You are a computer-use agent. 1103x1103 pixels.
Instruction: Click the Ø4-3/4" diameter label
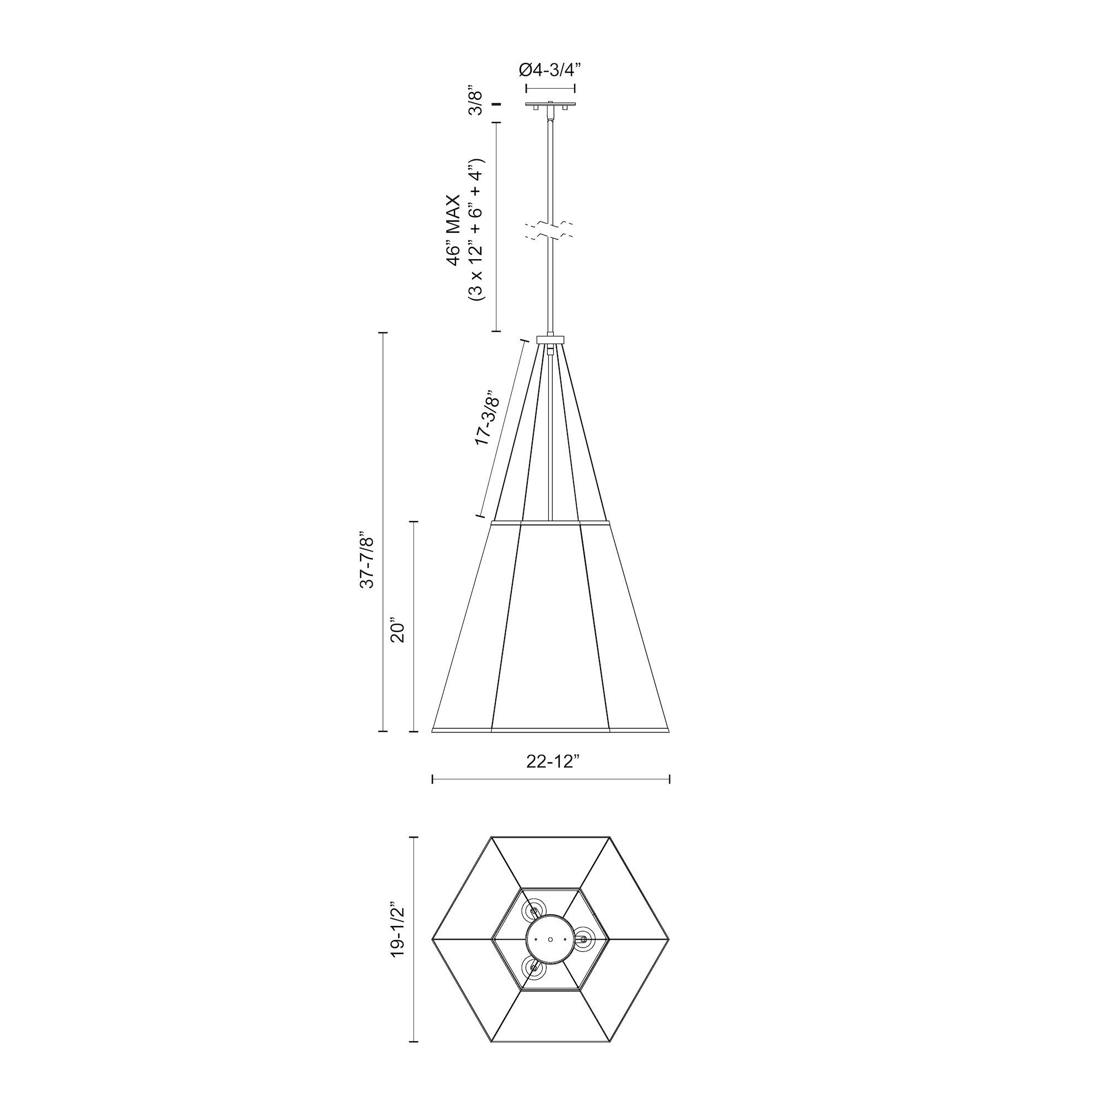point(550,69)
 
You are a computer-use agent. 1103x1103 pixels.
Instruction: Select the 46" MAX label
point(454,231)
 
